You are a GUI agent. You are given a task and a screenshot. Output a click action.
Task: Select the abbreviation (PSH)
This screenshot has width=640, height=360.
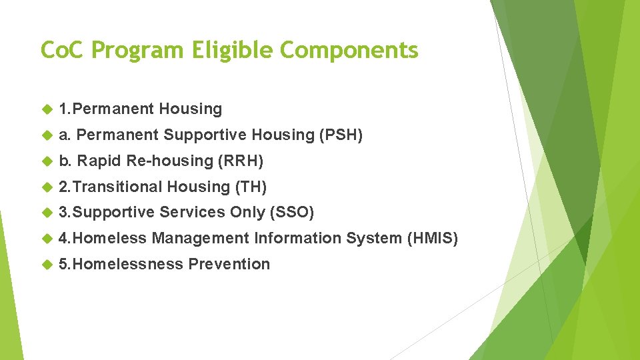[x=341, y=135]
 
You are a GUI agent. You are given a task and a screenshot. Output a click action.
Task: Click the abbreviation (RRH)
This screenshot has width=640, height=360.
[x=241, y=161]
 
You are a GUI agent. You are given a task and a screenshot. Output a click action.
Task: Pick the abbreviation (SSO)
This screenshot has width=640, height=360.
[x=291, y=212]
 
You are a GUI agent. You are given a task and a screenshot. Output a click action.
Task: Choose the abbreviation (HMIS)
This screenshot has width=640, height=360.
[x=432, y=238]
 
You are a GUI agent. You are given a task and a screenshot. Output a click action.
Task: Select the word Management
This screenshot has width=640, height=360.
[x=201, y=238]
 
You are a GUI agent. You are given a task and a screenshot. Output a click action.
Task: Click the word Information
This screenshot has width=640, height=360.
[x=295, y=238]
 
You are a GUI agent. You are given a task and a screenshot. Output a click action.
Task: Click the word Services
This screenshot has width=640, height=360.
[x=192, y=212]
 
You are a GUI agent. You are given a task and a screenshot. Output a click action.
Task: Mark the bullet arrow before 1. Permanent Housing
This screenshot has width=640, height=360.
[x=47, y=109]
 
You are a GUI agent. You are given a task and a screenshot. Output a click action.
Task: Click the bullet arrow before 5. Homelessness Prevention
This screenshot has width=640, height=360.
[x=47, y=265]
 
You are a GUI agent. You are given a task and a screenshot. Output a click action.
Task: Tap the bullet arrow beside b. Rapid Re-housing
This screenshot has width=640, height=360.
[x=47, y=161]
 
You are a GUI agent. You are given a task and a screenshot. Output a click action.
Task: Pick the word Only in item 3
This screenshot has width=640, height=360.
[x=247, y=212]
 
